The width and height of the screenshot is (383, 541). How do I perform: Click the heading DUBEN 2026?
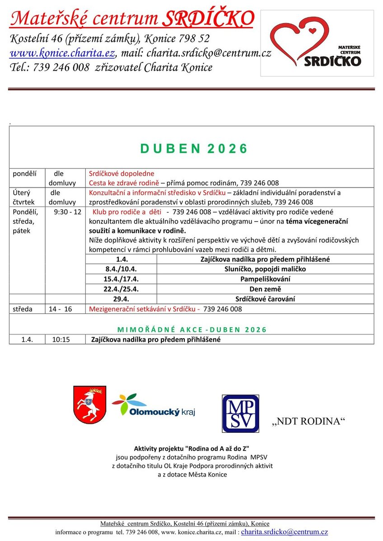(194, 149)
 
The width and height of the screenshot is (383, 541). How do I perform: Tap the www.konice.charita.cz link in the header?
(62, 53)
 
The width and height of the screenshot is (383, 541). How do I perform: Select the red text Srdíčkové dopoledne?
(121, 174)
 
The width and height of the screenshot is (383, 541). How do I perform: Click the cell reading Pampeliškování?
(265, 279)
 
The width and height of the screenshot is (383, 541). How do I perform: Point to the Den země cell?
(265, 289)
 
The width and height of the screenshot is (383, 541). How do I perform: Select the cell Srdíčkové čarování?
(265, 299)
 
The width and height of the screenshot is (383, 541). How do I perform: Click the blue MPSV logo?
(240, 413)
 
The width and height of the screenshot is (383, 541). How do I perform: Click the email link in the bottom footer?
(285, 532)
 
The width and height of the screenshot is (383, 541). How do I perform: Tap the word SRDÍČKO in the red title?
(207, 19)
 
